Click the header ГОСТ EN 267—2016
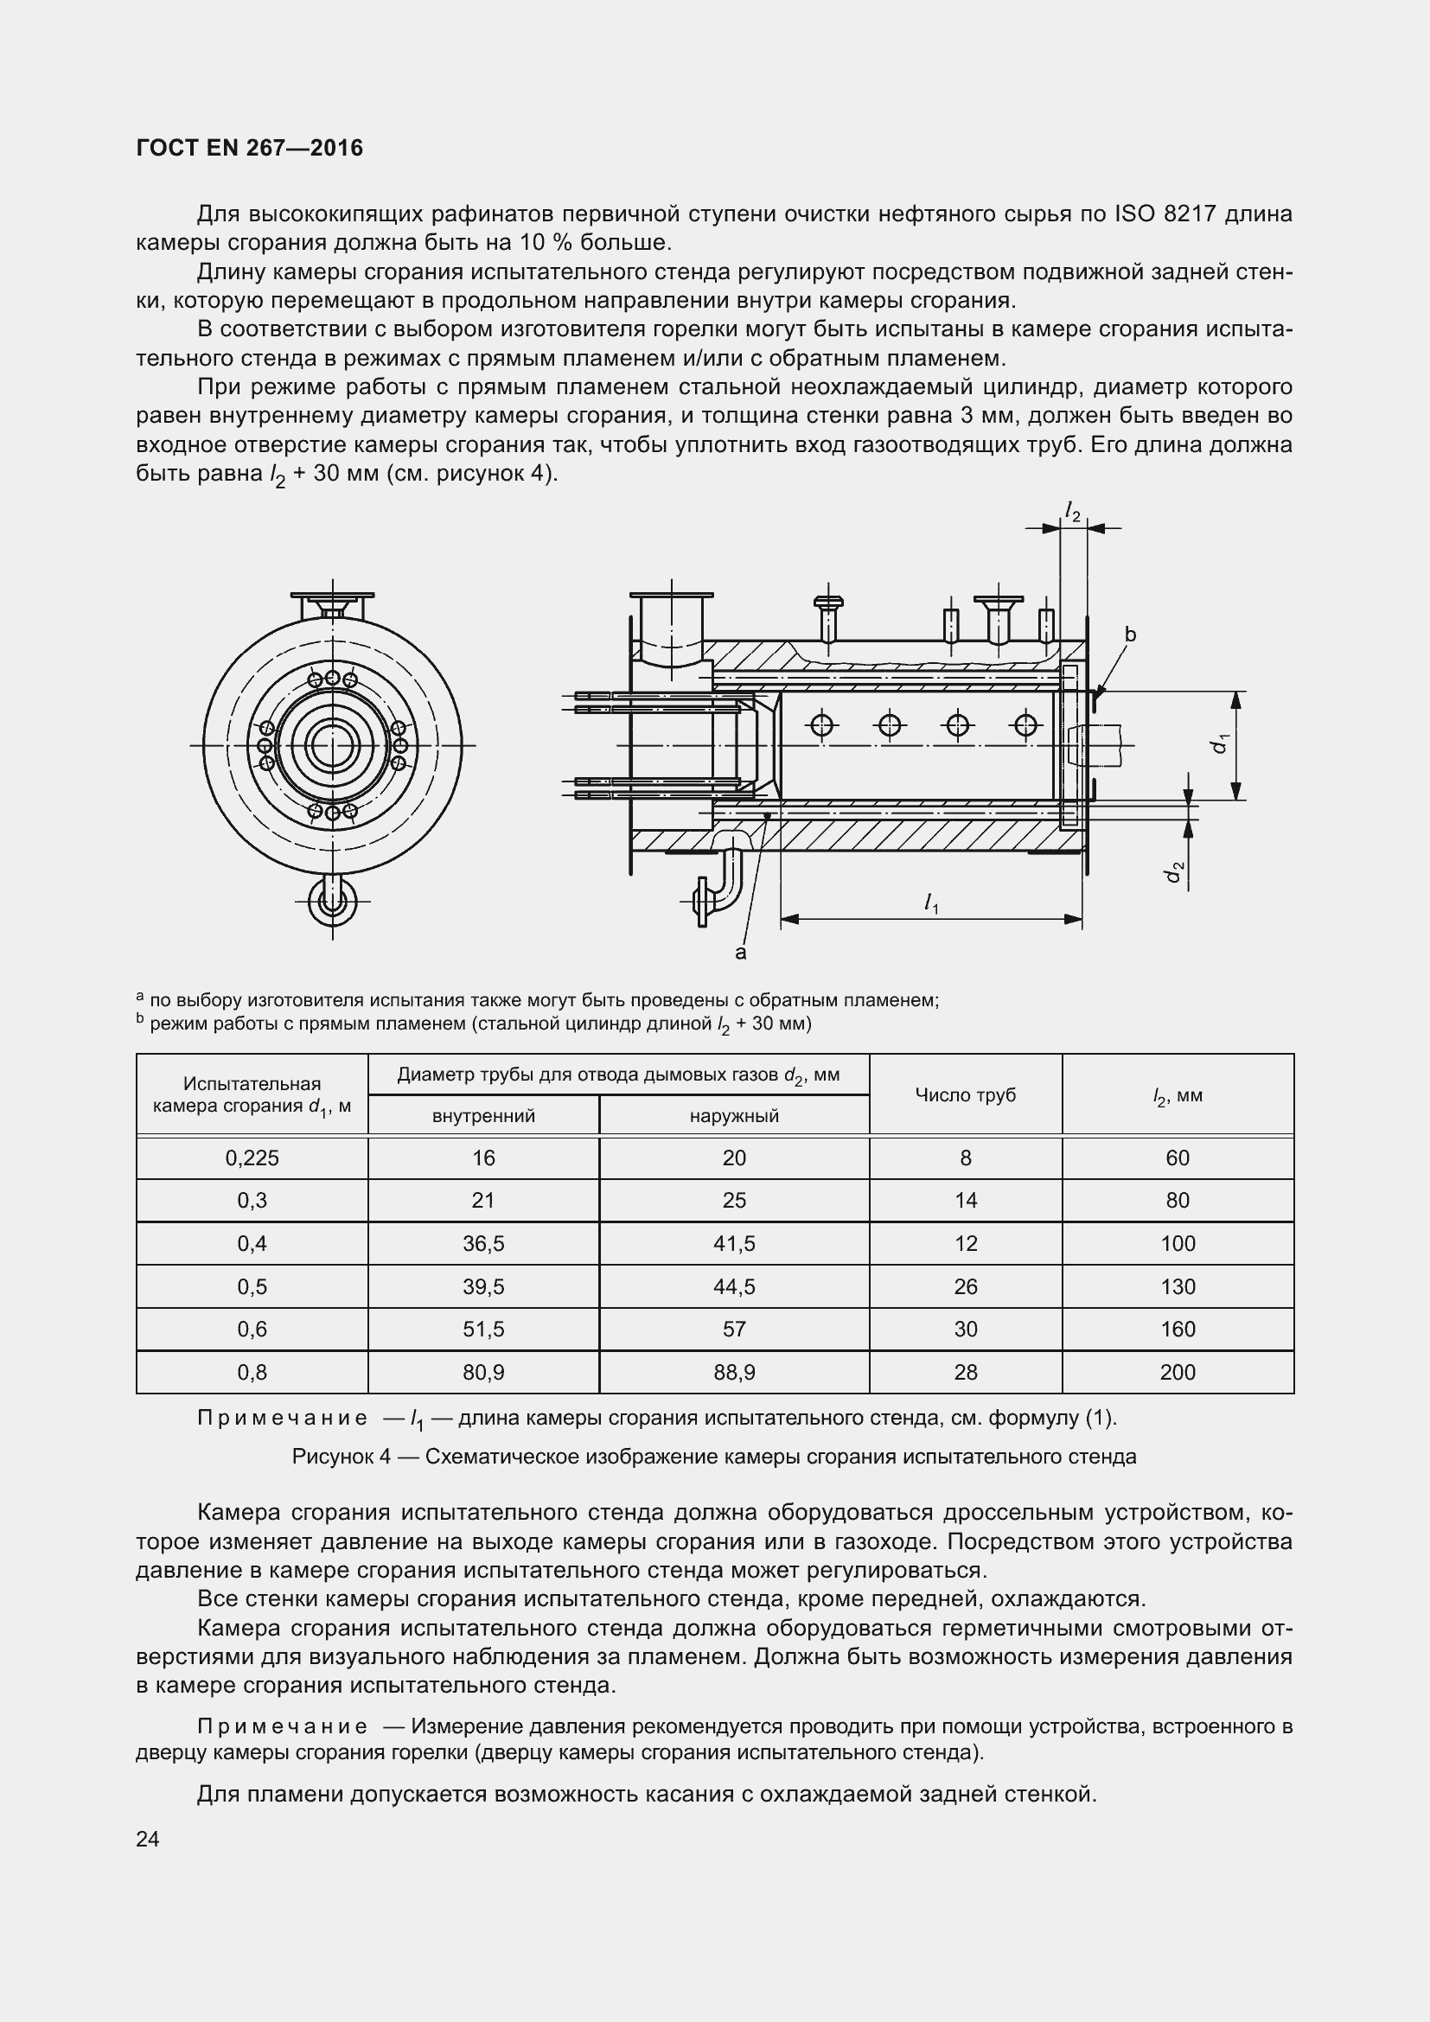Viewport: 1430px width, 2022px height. click(249, 148)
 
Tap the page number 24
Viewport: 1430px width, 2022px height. click(148, 1839)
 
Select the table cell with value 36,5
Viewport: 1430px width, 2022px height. click(483, 1243)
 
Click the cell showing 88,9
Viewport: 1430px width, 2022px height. click(733, 1372)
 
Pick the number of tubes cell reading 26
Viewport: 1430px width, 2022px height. click(965, 1286)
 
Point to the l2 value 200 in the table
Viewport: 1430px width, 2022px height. click(1178, 1372)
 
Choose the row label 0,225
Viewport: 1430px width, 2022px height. click(252, 1158)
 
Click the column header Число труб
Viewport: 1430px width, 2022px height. click(965, 1094)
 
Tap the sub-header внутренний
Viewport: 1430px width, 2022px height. click(483, 1117)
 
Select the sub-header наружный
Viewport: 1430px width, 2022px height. click(733, 1117)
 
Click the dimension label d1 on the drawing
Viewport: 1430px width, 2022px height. click(1219, 743)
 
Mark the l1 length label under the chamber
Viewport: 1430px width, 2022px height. click(931, 903)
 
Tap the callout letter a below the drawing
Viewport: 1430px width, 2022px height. click(740, 953)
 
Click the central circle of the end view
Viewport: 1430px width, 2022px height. click(333, 746)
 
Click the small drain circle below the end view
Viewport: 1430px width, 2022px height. click(333, 901)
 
